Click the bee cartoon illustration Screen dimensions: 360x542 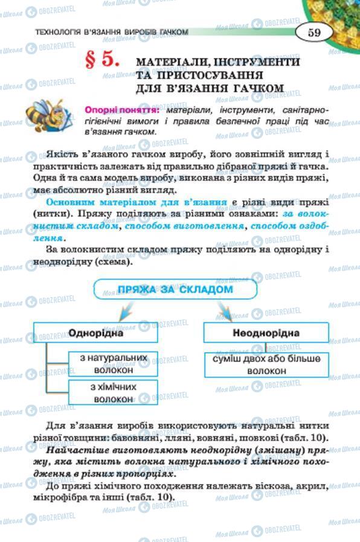click(x=47, y=115)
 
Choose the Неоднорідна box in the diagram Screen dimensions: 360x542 click(x=266, y=333)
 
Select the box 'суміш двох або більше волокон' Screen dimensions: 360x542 click(x=262, y=364)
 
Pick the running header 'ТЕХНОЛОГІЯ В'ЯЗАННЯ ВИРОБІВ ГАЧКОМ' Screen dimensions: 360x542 click(x=112, y=32)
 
